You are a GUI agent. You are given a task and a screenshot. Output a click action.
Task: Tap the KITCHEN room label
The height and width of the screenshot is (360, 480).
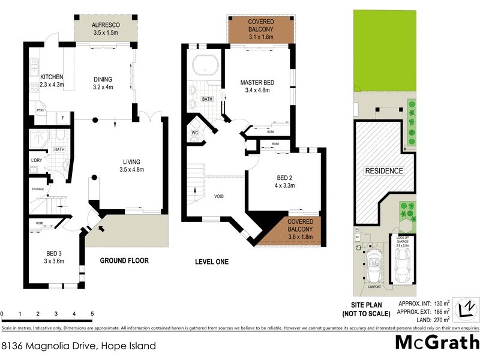coord(52,77)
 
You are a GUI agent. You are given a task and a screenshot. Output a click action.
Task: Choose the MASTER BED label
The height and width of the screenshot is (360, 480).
coord(241,83)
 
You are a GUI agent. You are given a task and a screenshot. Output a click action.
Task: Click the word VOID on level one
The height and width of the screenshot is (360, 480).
coord(220,196)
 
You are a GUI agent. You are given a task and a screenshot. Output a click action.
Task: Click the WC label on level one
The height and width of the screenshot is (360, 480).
coord(195,132)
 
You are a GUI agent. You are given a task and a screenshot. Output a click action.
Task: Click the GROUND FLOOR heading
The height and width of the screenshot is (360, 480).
coord(124,261)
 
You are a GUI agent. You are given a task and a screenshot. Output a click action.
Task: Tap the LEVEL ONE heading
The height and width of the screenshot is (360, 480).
coord(212,262)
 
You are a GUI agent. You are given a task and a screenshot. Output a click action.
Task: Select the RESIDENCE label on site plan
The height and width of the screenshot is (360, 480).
coord(384,171)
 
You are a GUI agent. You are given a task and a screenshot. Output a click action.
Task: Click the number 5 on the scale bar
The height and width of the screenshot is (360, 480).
coord(92,314)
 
